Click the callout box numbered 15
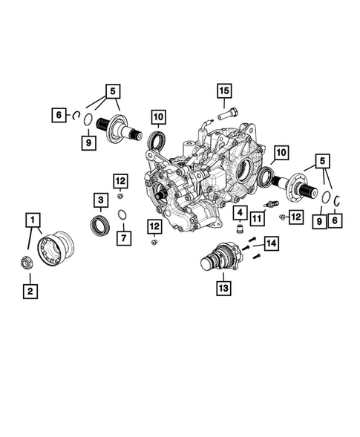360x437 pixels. (224, 91)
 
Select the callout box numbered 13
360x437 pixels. (223, 288)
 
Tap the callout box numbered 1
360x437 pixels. (33, 220)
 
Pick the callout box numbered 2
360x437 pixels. (30, 292)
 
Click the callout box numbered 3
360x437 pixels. (101, 200)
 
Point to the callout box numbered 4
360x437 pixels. (240, 213)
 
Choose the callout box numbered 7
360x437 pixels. (124, 238)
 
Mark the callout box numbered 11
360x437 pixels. (257, 218)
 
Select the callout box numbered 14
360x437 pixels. (272, 243)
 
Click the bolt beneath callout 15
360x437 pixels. (227, 114)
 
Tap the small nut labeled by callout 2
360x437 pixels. (27, 262)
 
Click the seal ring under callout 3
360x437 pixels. (100, 226)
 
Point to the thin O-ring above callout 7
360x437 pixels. (122, 214)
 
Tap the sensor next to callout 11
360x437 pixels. (271, 203)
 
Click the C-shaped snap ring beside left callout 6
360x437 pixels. (75, 116)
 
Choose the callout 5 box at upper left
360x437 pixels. (113, 91)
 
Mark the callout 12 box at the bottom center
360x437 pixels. (154, 226)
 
